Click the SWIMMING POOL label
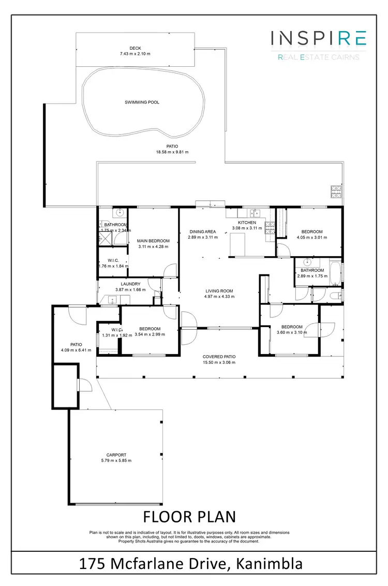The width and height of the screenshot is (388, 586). click(142, 102)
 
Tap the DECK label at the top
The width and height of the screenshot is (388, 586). click(135, 48)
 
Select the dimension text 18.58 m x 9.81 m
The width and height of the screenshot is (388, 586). click(172, 152)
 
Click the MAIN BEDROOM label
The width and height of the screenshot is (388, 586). click(153, 241)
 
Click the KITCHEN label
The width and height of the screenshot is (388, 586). click(247, 223)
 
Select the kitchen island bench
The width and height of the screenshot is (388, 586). click(237, 244)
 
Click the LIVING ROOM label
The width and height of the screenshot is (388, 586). click(219, 291)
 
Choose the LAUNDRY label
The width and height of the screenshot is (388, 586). click(130, 284)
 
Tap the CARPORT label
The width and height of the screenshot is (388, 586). click(116, 455)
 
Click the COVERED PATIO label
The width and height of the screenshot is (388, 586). click(219, 357)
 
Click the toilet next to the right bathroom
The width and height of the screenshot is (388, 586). click(335, 296)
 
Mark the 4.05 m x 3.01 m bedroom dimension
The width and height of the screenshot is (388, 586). click(309, 238)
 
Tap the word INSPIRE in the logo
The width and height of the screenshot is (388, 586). click(319, 38)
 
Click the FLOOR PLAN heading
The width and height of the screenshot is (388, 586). click(189, 517)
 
